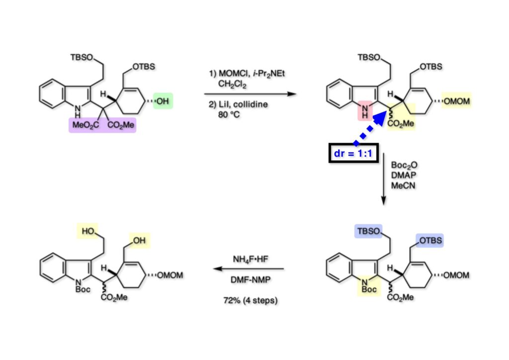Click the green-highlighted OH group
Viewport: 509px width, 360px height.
click(x=163, y=101)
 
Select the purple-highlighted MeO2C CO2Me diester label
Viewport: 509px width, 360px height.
click(x=102, y=125)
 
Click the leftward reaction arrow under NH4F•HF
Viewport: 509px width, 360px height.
click(x=249, y=269)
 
